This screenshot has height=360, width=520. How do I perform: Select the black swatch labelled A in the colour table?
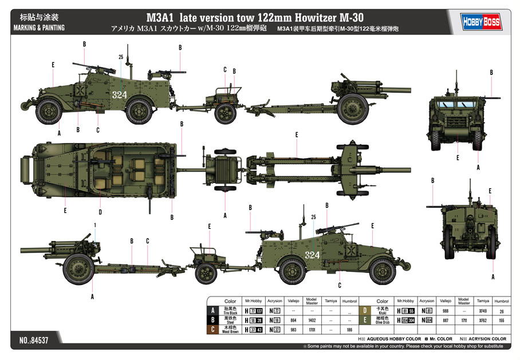click(x=213, y=310)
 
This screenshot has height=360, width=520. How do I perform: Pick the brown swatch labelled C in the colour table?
click(x=213, y=330)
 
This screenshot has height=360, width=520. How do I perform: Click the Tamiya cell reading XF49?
click(x=482, y=311)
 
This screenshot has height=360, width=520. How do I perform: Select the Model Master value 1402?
click(x=311, y=321)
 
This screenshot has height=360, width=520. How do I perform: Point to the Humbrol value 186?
click(x=349, y=330)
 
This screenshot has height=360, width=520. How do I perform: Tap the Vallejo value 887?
click(x=445, y=321)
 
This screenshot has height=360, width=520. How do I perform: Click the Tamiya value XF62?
click(x=482, y=321)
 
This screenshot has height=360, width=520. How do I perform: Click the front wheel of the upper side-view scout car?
click(x=49, y=110)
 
